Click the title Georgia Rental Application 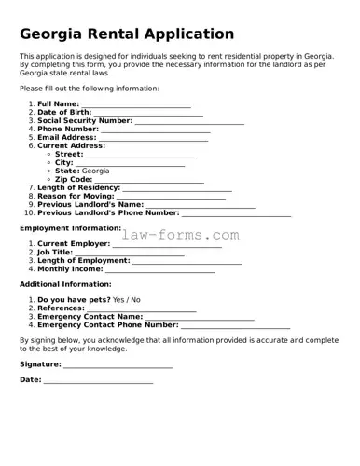[x=127, y=34]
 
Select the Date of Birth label [x=64, y=112]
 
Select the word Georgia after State [x=96, y=171]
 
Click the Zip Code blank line [x=149, y=180]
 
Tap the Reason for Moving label [x=76, y=197]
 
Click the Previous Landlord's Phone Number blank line [x=236, y=213]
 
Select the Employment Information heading [x=71, y=227]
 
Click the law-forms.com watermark [x=180, y=235]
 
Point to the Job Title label [x=55, y=252]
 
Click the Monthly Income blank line [x=159, y=269]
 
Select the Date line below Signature [x=97, y=381]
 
